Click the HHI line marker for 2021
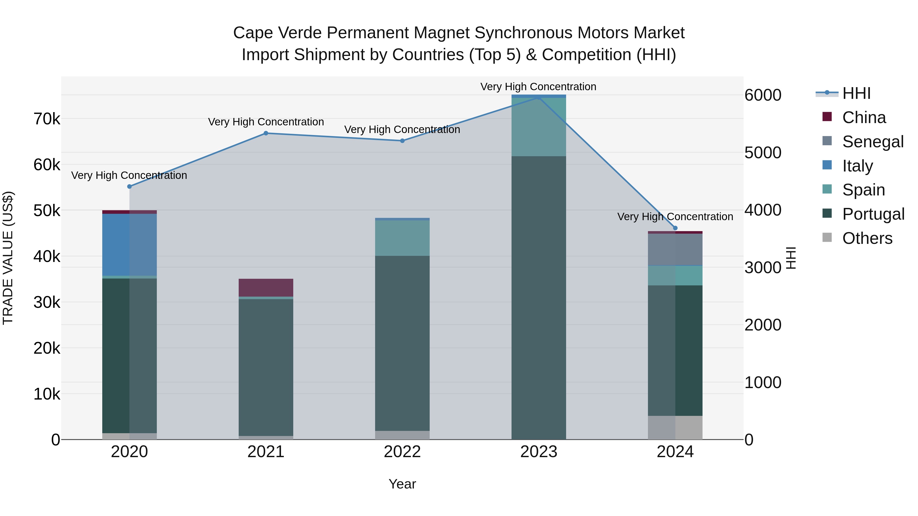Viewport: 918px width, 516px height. (x=266, y=133)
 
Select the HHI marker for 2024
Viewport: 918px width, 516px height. (x=675, y=228)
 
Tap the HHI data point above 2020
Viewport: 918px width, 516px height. (x=129, y=187)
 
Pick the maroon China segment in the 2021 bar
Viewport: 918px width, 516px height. (x=266, y=287)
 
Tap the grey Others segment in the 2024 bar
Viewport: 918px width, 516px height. (x=675, y=427)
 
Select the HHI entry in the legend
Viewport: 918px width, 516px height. (x=856, y=93)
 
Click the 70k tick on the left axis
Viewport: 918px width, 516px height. (x=47, y=119)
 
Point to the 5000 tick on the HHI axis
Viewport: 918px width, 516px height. (x=763, y=153)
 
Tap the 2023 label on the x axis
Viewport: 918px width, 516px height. (x=539, y=452)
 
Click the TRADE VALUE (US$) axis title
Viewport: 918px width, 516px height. (x=8, y=258)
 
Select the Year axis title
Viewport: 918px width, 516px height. (x=402, y=484)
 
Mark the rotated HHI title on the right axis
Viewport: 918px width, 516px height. (x=791, y=258)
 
